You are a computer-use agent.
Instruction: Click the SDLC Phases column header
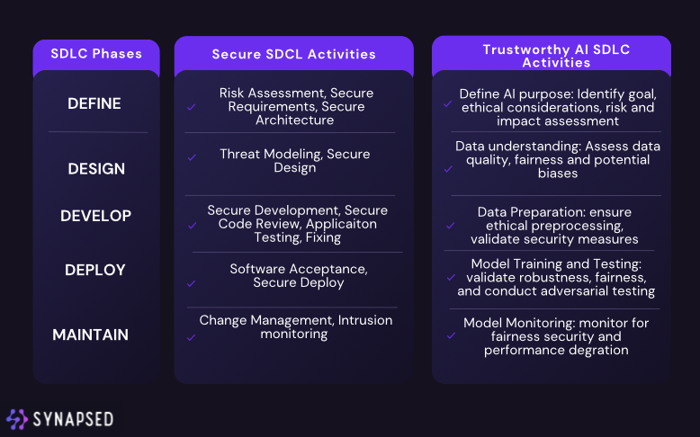coord(96,54)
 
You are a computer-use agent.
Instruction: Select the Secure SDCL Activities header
coord(293,54)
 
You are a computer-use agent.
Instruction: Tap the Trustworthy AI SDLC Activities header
coord(556,56)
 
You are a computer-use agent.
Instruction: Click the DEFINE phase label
coord(94,103)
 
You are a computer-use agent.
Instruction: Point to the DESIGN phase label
coord(96,169)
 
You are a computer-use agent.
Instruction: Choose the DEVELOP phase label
coord(95,216)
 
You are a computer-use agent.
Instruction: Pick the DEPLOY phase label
coord(95,270)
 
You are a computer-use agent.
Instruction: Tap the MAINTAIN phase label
coord(90,334)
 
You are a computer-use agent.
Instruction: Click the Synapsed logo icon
coord(17,419)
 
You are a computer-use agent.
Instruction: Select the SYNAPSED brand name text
coord(73,420)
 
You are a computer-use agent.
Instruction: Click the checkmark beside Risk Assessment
coord(191,107)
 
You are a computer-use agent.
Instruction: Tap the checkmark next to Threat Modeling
coord(192,157)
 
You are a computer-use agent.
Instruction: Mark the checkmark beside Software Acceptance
coord(191,283)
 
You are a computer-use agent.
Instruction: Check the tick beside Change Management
coord(191,337)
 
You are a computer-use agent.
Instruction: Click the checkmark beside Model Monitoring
coord(452,335)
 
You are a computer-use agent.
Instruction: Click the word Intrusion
coord(365,320)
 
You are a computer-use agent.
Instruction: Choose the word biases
coord(558,174)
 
